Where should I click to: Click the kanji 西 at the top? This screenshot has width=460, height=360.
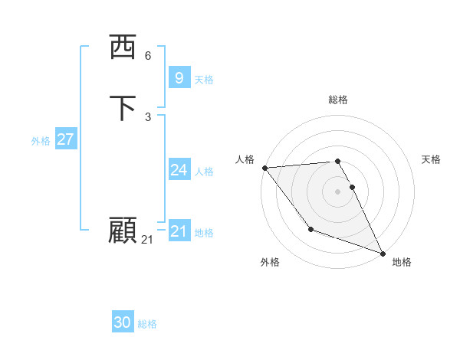123,47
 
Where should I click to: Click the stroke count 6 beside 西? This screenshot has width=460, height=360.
148,56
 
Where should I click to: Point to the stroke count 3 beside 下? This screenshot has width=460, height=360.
148,116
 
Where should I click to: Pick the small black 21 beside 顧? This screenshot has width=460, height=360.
147,240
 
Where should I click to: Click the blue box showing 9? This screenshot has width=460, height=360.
179,77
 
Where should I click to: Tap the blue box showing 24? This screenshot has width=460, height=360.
179,170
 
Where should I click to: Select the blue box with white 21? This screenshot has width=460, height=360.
179,231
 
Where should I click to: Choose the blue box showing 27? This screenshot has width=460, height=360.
66,139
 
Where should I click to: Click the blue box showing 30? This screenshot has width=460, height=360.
123,323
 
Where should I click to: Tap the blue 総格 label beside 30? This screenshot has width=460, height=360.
147,325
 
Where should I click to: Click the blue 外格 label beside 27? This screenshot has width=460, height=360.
41,141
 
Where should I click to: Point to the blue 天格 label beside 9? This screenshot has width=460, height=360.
204,80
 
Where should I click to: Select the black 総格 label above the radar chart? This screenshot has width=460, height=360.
338,100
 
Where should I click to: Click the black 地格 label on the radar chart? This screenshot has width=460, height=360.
402,262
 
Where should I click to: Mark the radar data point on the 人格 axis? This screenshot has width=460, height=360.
264,168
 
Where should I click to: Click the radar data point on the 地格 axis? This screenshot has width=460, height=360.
383,253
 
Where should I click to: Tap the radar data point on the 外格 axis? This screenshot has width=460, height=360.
310,229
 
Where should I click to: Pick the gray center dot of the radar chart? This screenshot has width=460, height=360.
338,191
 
